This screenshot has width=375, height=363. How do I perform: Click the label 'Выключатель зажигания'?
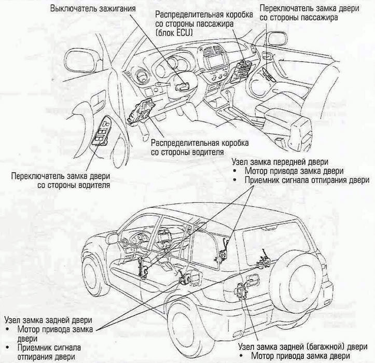click(93, 9)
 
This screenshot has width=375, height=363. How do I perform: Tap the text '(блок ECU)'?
click(174, 33)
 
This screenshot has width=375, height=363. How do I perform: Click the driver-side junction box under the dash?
click(141, 111)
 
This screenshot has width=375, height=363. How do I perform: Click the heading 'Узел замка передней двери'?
click(280, 162)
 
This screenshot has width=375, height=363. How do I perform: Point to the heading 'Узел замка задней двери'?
click(48, 320)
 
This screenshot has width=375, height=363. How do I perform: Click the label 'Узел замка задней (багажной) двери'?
click(303, 346)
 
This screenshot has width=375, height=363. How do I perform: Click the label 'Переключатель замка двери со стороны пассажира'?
click(309, 13)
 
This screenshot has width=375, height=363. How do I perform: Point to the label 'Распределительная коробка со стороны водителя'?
click(200, 147)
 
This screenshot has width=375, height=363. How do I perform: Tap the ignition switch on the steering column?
click(182, 86)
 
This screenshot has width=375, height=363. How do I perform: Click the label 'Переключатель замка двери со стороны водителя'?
click(61, 180)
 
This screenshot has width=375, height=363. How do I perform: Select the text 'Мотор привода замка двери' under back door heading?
click(301, 356)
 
